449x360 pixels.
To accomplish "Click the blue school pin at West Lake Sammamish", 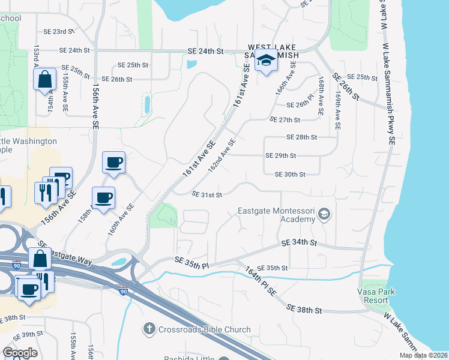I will (267, 61).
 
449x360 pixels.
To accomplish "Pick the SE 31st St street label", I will (207, 194).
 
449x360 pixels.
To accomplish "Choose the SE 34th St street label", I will (299, 242).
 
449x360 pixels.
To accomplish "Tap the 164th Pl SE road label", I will (261, 281).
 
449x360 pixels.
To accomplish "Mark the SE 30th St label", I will (290, 175).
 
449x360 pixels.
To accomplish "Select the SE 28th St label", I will (301, 137).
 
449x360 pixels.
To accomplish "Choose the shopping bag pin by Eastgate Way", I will (40, 260).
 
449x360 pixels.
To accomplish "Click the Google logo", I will (20, 353).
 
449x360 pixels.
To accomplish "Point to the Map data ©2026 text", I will (424, 355).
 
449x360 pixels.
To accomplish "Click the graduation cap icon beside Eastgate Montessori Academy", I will (324, 214).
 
